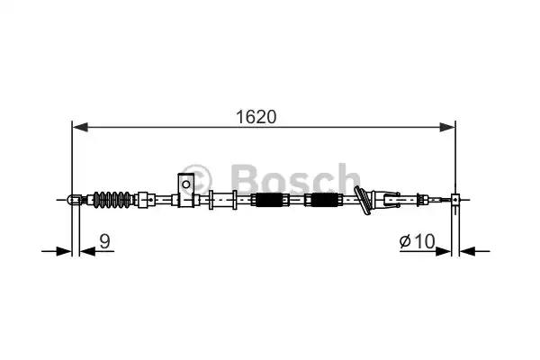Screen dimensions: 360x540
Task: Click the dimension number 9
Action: tap(105, 240)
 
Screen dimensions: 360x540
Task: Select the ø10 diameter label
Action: tap(417, 240)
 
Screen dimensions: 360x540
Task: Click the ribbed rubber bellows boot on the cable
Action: tap(114, 198)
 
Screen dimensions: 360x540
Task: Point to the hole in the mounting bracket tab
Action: tap(185, 184)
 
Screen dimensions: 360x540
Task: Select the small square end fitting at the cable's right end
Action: tap(456, 199)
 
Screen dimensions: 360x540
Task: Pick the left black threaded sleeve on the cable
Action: tap(270, 200)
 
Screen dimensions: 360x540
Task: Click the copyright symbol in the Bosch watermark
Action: tap(200, 175)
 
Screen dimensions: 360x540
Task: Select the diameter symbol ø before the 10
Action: tap(406, 240)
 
